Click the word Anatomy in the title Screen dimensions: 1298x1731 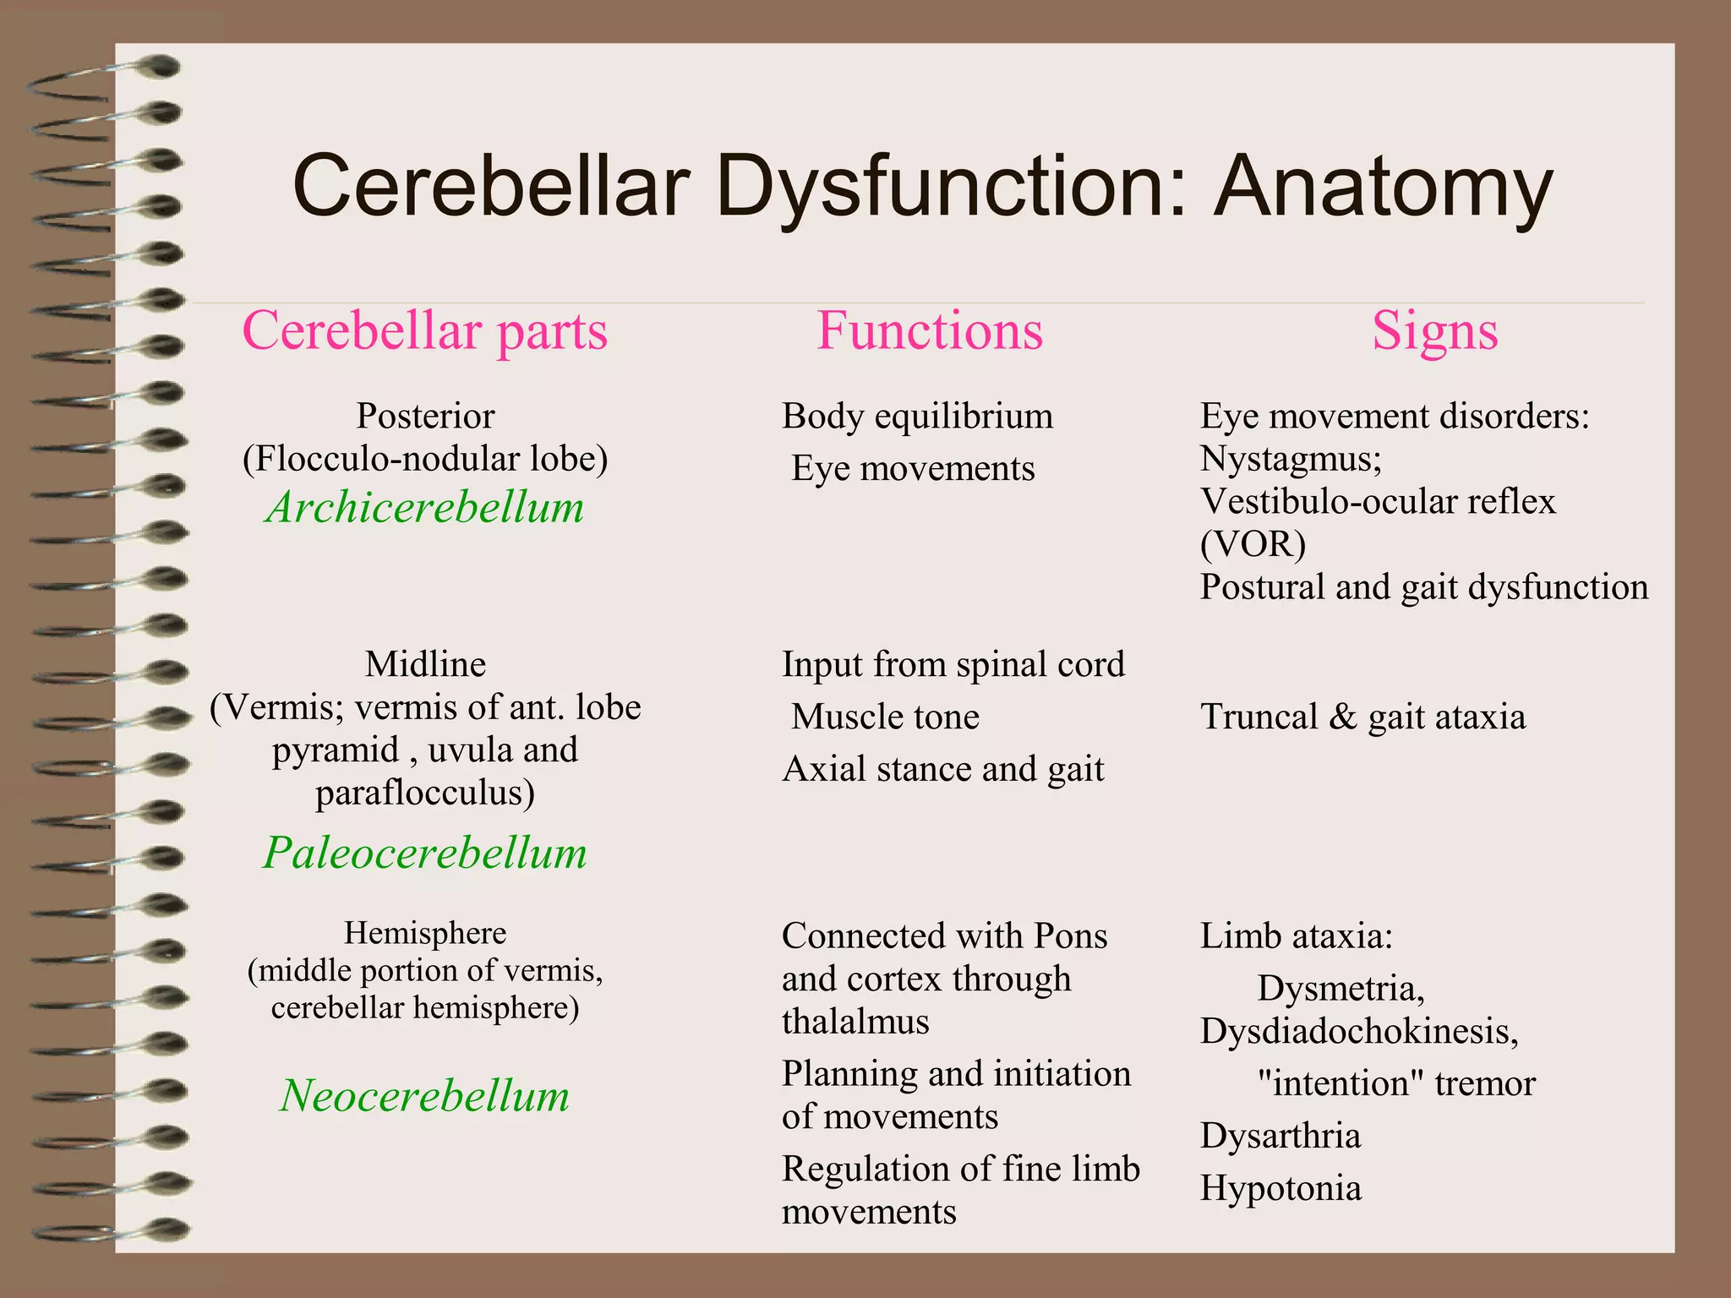1383,188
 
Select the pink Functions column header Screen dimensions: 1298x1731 930,330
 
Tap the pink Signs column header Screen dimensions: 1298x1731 1434,330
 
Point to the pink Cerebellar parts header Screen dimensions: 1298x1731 425,330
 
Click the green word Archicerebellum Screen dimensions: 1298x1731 425,508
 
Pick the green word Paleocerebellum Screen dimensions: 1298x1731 425,853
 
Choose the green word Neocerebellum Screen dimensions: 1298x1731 425,1096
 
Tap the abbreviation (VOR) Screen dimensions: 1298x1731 1253,544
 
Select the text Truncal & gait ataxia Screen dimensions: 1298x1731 1362,717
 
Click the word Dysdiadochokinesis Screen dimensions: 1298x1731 1358,1031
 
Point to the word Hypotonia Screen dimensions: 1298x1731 1281,1189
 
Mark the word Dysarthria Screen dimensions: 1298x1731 1281,1137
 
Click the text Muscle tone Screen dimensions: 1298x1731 885,717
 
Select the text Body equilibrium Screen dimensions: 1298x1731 917,417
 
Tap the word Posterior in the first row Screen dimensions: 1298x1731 425,417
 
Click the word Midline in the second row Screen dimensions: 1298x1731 425,665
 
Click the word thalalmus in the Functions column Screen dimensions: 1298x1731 855,1023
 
